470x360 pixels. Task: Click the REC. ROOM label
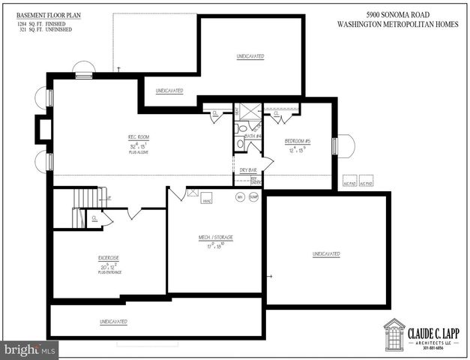coord(139,136)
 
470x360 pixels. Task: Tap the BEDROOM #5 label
coord(298,142)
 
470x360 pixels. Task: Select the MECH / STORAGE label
coord(215,237)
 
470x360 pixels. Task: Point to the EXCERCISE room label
coord(107,258)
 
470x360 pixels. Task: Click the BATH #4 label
coord(253,136)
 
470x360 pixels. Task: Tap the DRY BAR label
coord(247,170)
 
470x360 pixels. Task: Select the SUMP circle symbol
coord(253,197)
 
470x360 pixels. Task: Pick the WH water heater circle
coord(241,197)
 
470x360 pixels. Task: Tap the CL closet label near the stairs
coord(94,218)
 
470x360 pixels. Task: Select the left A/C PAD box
coord(349,182)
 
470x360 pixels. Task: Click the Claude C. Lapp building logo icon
coord(394,334)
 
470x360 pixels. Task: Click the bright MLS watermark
coord(30,349)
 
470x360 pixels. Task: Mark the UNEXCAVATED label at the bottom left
coord(113,322)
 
